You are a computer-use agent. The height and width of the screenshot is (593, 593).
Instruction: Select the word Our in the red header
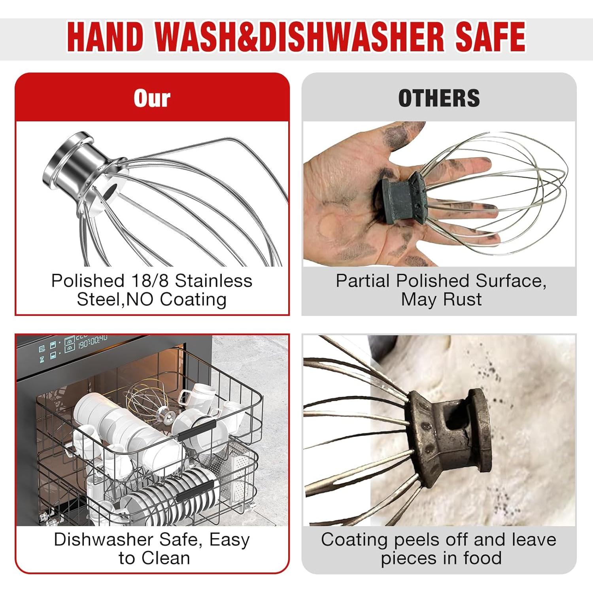click(x=152, y=98)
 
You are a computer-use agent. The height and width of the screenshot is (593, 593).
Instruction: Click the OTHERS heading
click(x=439, y=98)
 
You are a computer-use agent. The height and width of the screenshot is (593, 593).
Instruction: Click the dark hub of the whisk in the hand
click(x=404, y=195)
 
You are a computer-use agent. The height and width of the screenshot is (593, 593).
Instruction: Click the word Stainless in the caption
click(x=213, y=281)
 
